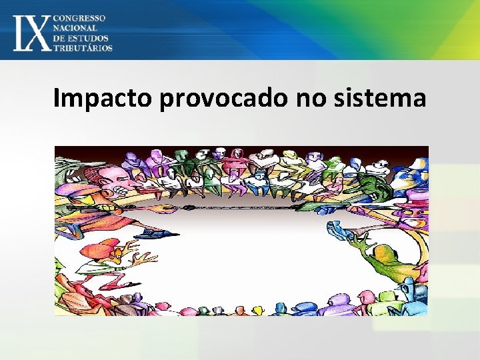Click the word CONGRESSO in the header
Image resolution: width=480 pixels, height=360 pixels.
tap(83, 18)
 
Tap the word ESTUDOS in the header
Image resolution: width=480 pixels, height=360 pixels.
tap(90, 38)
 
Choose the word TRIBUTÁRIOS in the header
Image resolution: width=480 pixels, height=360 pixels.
tap(83, 48)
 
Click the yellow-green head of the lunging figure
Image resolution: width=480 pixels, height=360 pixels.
tap(385, 254)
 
